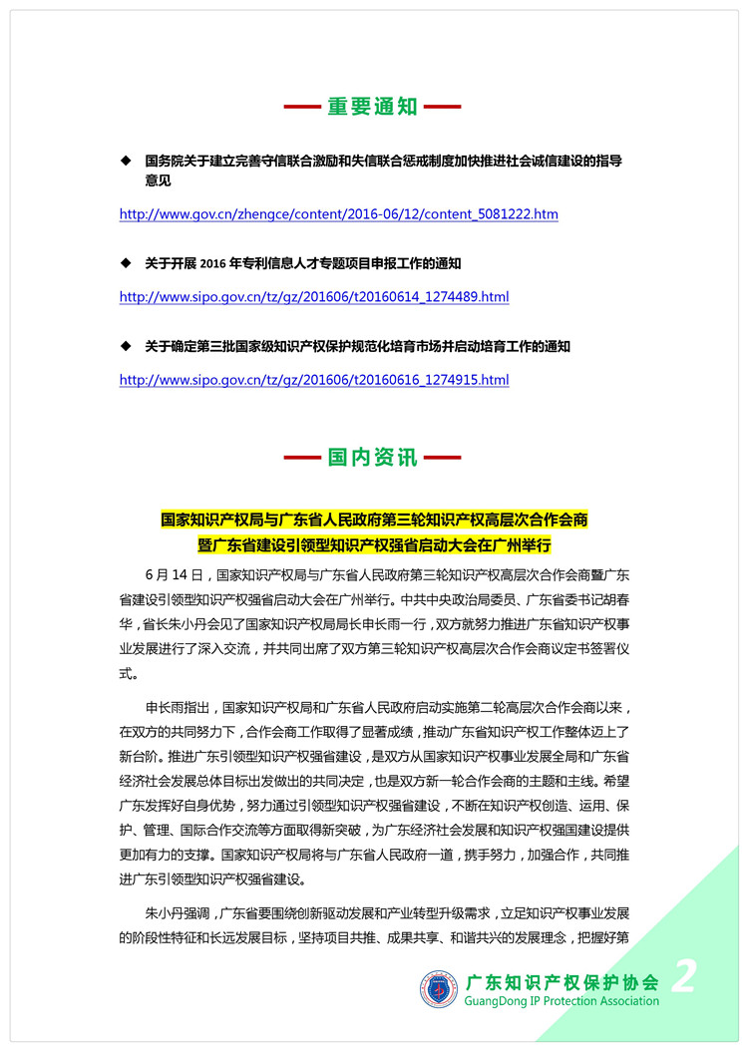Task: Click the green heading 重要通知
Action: coord(373,107)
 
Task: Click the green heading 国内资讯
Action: coord(373,459)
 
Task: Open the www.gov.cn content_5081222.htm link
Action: coord(338,214)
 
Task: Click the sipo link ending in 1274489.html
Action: coord(314,297)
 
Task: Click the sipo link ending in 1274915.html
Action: coord(314,380)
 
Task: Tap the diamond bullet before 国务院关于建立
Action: coord(126,160)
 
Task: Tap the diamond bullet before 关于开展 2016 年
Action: coord(126,263)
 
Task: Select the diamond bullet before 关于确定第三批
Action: coord(126,346)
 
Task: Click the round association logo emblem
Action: coord(439,988)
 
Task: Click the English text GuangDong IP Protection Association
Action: coord(561,1001)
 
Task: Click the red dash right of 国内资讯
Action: coord(442,459)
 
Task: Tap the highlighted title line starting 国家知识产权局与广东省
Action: coord(374,520)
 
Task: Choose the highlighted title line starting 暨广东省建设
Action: coord(374,545)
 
